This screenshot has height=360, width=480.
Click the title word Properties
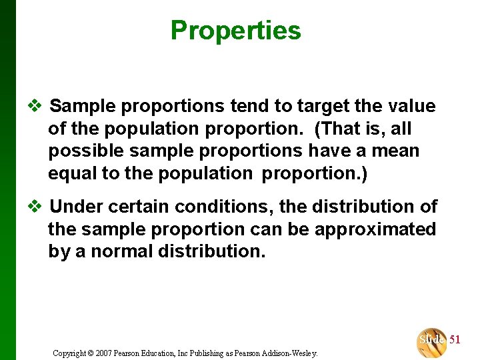[235, 31]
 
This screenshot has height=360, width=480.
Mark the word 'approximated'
[375, 229]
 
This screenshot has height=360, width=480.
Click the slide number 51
[455, 340]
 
